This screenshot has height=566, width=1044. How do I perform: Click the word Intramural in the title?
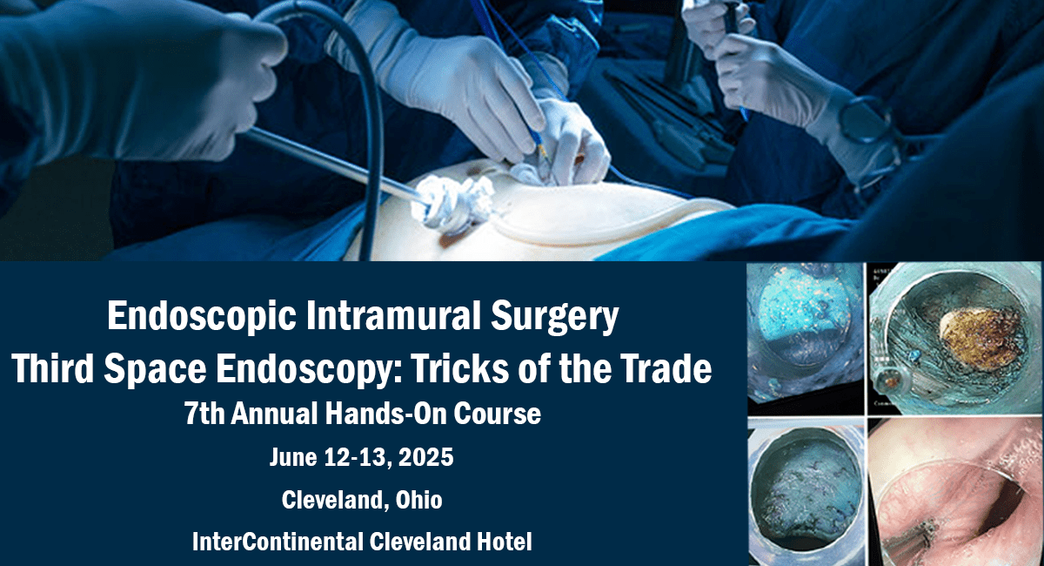pyautogui.click(x=393, y=316)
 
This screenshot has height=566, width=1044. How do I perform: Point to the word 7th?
pyautogui.click(x=204, y=414)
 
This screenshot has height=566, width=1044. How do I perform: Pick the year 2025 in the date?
pyautogui.click(x=426, y=457)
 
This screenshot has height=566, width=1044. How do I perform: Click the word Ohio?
pyautogui.click(x=419, y=500)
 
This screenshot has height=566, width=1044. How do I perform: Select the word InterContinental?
pyautogui.click(x=278, y=542)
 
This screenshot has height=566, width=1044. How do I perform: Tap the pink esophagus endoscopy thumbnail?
pyautogui.click(x=954, y=492)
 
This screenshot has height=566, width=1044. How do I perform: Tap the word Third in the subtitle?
pyautogui.click(x=53, y=367)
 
